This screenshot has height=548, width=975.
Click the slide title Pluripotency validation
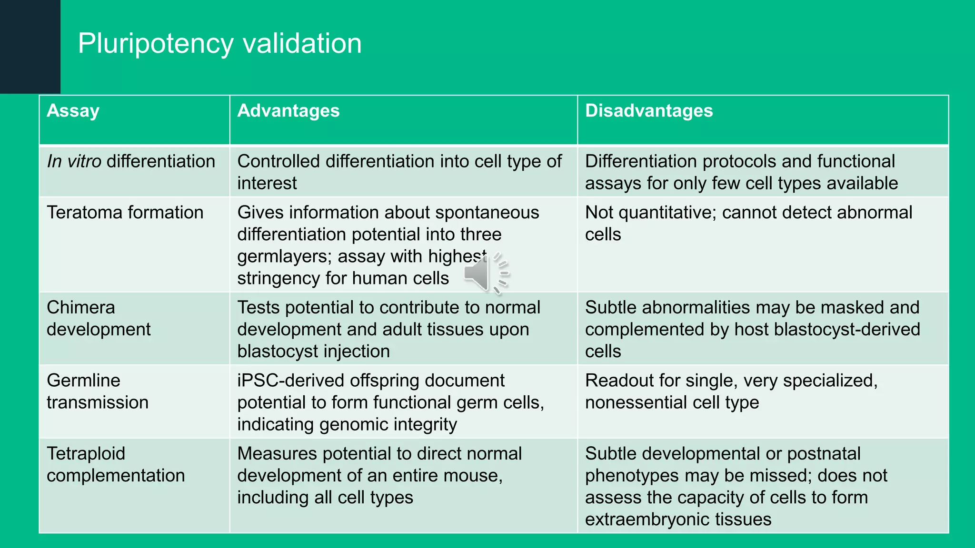[219, 43]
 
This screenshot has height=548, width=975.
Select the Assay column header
[73, 111]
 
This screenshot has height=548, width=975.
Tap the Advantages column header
[288, 111]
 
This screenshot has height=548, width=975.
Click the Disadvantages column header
[648, 111]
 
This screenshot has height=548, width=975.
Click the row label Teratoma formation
[125, 212]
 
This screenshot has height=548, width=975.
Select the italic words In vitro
[74, 161]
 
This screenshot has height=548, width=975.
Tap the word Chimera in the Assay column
[80, 307]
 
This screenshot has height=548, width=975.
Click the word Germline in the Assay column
[83, 381]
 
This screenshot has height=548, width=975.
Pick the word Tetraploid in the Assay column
[86, 453]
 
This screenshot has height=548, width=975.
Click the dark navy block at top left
[30, 47]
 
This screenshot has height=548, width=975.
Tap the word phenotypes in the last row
[633, 476]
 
